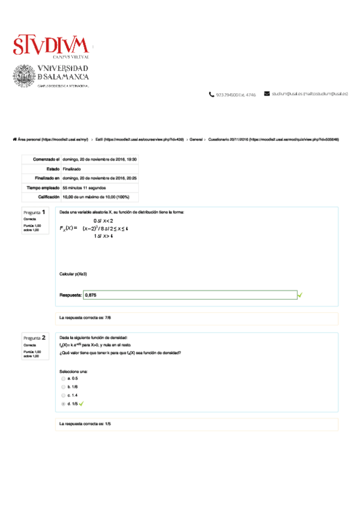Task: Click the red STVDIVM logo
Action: (50, 45)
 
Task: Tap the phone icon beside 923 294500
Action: (212, 94)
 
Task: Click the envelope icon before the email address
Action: (267, 94)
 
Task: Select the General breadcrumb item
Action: (195, 139)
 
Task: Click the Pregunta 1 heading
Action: (35, 212)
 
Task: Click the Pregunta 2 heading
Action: (35, 338)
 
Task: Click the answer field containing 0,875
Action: (190, 295)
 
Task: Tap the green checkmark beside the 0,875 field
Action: (300, 295)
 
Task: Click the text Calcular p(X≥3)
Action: (73, 274)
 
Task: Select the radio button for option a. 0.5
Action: (64, 378)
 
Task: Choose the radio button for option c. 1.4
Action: (64, 395)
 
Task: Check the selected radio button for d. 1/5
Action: (64, 404)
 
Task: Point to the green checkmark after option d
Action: (82, 404)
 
